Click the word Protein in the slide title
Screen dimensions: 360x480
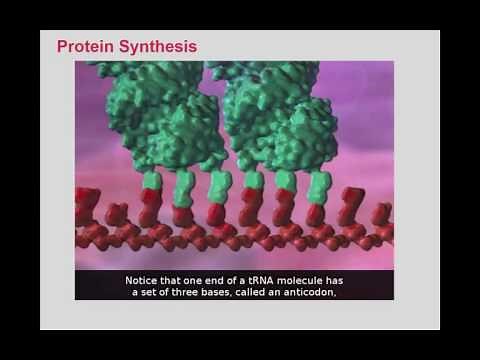point(83,46)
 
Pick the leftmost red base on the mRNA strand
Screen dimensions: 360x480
point(87,204)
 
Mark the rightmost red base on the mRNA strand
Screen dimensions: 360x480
point(381,212)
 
